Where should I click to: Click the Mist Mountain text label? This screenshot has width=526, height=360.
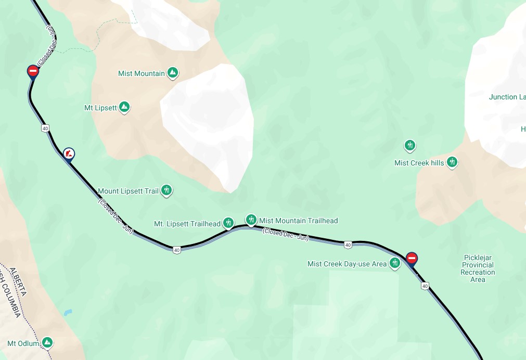(x=141, y=73)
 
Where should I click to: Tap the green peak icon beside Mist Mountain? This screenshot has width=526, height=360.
(x=173, y=73)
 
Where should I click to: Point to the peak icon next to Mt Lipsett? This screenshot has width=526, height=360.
(x=124, y=107)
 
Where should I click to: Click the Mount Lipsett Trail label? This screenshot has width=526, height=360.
(x=128, y=191)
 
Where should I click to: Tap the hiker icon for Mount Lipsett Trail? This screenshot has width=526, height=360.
(x=166, y=190)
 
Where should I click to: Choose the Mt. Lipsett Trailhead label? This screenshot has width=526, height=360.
(x=187, y=224)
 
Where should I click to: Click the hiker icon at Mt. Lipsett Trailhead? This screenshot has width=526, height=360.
(x=228, y=223)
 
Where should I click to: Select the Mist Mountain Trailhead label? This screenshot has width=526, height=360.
(x=299, y=221)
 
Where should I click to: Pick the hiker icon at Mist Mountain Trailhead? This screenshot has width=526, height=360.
(x=251, y=220)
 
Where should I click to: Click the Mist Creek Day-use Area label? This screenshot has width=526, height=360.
(x=347, y=264)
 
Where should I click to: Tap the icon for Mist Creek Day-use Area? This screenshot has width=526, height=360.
(x=395, y=263)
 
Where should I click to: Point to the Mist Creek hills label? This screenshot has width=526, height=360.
(x=419, y=163)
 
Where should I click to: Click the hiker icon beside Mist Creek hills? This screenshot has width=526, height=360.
(x=452, y=162)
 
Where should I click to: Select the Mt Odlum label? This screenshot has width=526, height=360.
(x=23, y=343)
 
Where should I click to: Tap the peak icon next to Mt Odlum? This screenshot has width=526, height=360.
(x=47, y=342)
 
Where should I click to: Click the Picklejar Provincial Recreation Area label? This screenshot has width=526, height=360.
(x=478, y=268)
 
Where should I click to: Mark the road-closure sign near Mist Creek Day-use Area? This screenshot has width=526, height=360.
(x=412, y=258)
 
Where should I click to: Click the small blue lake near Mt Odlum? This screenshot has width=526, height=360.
(x=68, y=313)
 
